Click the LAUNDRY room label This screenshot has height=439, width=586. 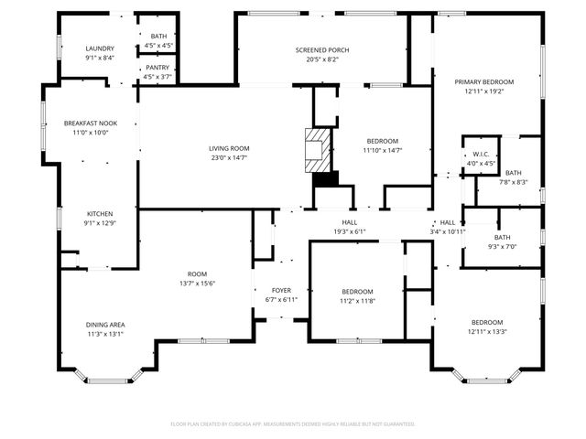click(x=100, y=48)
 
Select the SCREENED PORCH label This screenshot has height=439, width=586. click(x=321, y=50)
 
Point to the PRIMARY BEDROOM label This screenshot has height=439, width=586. click(x=484, y=82)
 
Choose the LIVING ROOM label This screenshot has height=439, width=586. click(x=229, y=148)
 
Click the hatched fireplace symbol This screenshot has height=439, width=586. click(x=317, y=148)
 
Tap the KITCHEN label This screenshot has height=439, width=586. click(x=100, y=214)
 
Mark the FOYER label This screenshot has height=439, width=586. click(x=280, y=290)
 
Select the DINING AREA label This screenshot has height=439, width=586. click(x=106, y=325)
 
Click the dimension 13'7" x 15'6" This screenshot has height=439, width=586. click(x=197, y=283)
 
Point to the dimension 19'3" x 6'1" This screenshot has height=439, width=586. click(x=349, y=231)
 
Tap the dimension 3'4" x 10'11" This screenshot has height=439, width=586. click(x=448, y=231)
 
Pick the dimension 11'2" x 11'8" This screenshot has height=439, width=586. click(x=357, y=300)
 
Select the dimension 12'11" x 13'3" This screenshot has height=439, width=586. click(x=487, y=331)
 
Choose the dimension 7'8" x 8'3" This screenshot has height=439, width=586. click(x=513, y=182)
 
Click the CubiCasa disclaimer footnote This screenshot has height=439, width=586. click(x=293, y=423)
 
